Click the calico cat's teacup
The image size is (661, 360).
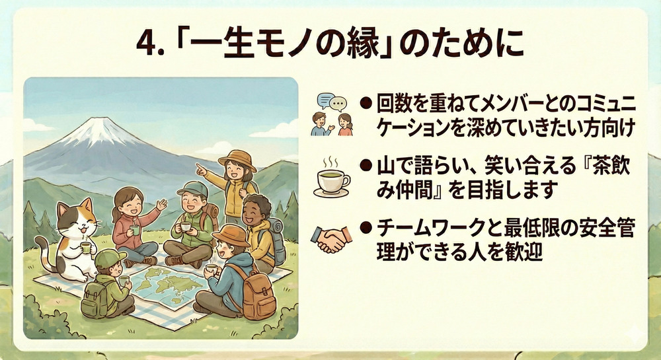pos(85,248)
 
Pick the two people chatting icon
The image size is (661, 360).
pos(332,114)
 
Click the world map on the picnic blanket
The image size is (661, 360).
pos(169,286)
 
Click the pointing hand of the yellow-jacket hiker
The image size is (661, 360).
pos(201,169)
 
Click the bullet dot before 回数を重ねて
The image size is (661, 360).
pos(366,104)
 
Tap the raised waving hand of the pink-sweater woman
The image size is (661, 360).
pos(161,205)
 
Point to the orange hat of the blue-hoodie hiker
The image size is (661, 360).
pos(230,235)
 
